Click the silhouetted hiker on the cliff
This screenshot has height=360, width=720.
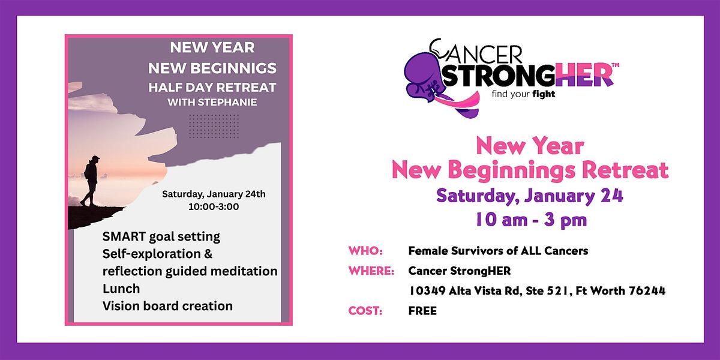coord(91,181)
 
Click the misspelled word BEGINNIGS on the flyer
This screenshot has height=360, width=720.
coord(233,68)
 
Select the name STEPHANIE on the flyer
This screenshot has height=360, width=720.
coord(227,102)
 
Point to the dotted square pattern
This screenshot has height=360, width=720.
coord(214,126)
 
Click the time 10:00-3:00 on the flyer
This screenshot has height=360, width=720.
coord(214,206)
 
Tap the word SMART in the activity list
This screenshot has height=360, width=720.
coord(124,236)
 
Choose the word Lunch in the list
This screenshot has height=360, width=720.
coord(121,289)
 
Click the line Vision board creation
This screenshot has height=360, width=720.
coord(167,306)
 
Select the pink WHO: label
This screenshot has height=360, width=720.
coord(365,251)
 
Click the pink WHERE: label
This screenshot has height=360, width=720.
coord(371,271)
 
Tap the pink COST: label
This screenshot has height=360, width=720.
coord(365,311)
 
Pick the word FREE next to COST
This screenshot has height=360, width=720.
coord(422,311)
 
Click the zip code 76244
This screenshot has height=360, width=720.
coord(647,291)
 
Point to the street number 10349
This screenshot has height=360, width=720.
coord(427,291)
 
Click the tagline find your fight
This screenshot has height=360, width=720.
coord(524,94)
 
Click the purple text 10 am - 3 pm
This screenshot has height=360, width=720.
coord(531,220)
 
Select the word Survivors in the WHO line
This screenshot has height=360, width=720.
coord(477,251)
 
